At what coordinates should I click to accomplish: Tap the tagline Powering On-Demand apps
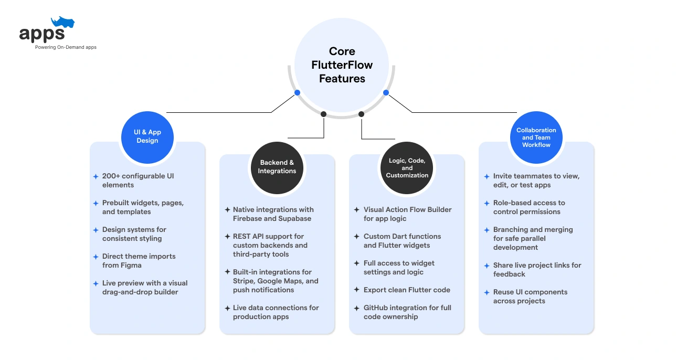(66, 47)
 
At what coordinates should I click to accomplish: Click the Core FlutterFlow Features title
(342, 65)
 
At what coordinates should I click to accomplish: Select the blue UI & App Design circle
(147, 137)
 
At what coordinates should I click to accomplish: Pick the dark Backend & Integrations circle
(277, 167)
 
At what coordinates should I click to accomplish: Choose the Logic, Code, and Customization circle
(407, 168)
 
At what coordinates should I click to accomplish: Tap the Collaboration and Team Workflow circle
(536, 137)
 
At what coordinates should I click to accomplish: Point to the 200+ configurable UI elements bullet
(138, 181)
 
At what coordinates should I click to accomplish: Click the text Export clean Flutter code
(407, 290)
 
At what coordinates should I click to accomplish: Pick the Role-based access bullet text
(529, 207)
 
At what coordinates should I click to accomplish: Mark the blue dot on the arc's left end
(297, 92)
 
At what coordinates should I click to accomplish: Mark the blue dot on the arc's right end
(386, 92)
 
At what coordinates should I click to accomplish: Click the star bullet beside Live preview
(96, 283)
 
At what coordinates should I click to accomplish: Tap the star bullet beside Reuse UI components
(487, 292)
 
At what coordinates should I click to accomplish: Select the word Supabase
(295, 219)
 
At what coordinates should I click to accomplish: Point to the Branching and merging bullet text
(532, 238)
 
